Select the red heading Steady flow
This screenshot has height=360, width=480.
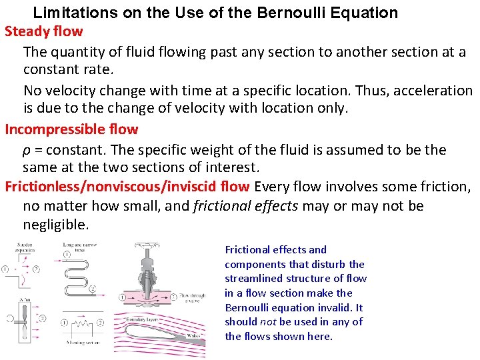[x=44, y=31]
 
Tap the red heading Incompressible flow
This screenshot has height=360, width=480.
[x=71, y=129]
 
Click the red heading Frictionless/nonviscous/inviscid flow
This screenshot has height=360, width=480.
[x=127, y=186]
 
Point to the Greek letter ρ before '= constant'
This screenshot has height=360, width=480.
[x=27, y=150]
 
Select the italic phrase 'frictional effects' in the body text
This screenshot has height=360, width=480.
[x=245, y=206]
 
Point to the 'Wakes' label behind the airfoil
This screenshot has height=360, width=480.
[x=195, y=335]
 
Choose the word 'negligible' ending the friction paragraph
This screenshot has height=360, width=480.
[x=55, y=225]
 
